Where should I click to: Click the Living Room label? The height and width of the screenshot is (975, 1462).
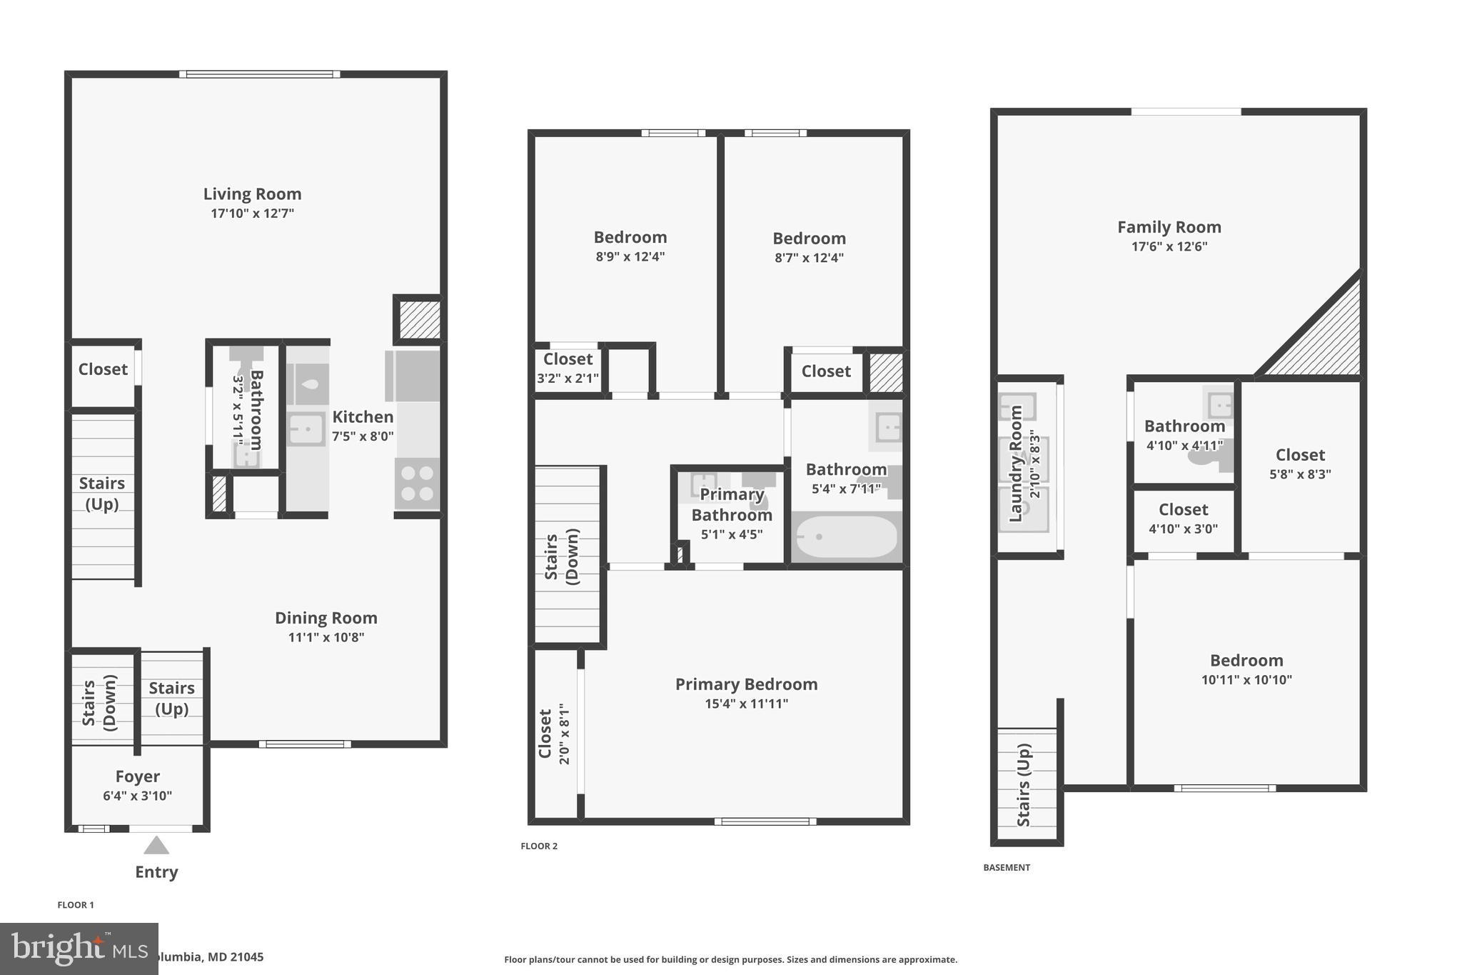(x=252, y=194)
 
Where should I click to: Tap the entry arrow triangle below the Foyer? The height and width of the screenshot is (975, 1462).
(x=156, y=846)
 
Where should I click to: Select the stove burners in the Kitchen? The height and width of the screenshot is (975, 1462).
(x=417, y=484)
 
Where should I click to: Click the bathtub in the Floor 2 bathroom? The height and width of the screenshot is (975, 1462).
(x=846, y=537)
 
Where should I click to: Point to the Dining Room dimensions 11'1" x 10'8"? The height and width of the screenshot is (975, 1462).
(x=326, y=637)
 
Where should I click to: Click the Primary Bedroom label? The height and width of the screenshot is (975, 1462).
(x=746, y=684)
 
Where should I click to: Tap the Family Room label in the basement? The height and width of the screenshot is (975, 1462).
(x=1169, y=227)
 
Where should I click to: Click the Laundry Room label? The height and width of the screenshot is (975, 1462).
(x=1015, y=464)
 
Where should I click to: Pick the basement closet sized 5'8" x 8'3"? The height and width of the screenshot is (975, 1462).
(x=1300, y=464)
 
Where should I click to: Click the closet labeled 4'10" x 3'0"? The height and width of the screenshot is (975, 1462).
(x=1183, y=519)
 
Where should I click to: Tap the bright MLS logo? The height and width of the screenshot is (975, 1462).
(x=79, y=949)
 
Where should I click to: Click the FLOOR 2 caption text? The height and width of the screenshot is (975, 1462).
(x=539, y=846)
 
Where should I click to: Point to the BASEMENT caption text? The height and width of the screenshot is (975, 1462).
(x=1007, y=868)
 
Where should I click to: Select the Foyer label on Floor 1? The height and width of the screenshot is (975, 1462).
(x=137, y=776)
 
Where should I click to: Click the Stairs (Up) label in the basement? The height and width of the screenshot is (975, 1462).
(x=1024, y=785)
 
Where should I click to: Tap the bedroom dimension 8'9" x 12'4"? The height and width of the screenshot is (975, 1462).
(x=630, y=256)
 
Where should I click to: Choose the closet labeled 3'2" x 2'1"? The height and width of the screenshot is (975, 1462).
(x=568, y=368)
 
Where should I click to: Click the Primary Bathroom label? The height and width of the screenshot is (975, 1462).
(x=732, y=504)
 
